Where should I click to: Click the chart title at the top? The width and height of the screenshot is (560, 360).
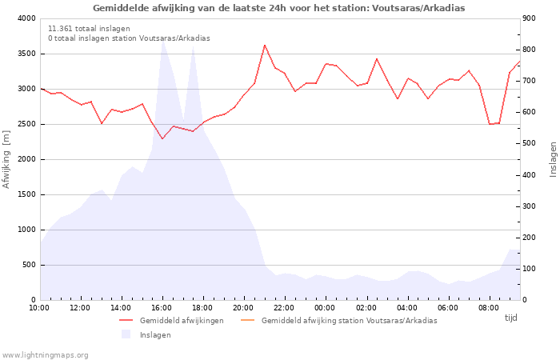(x=278, y=8)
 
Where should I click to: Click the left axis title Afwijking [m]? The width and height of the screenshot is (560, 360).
(x=7, y=160)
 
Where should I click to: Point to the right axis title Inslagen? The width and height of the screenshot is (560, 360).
(x=552, y=159)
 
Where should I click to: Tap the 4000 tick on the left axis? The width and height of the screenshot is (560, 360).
(x=26, y=18)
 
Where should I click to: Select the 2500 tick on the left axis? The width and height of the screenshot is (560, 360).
(x=26, y=124)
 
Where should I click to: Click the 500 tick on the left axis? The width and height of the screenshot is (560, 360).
(x=28, y=265)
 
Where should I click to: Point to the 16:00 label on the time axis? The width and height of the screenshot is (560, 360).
(x=162, y=307)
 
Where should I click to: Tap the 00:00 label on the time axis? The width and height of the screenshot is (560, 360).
(x=325, y=307)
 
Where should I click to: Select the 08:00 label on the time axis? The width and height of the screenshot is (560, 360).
(x=489, y=307)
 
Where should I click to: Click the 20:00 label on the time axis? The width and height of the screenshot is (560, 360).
(x=243, y=307)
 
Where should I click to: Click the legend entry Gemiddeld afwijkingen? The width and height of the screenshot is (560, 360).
(x=182, y=321)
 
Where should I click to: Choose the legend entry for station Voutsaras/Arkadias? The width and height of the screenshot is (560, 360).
(x=349, y=321)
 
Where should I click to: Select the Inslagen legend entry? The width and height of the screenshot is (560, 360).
(x=155, y=334)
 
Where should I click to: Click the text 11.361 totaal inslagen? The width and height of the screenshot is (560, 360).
(x=89, y=29)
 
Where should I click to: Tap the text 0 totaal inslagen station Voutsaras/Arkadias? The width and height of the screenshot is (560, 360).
(x=129, y=38)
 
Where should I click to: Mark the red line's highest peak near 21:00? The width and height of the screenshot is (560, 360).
(x=265, y=45)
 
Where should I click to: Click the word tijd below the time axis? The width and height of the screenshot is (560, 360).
(x=510, y=318)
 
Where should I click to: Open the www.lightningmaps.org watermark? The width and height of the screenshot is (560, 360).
(x=46, y=354)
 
